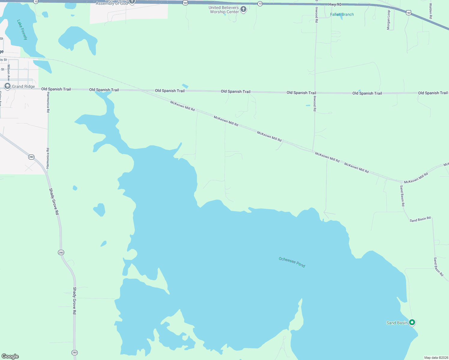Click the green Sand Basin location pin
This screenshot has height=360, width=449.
[412, 322]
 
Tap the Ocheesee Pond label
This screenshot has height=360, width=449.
[292, 262]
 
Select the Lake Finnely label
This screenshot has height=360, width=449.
[22, 30]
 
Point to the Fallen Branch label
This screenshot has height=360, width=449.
[342, 14]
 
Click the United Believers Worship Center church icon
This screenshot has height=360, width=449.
[243, 10]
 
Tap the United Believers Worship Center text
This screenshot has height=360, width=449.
[224, 10]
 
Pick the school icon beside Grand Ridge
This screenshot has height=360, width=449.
[8, 86]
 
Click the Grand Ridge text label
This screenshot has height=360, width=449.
[23, 86]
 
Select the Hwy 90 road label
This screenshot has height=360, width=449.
[335, 4]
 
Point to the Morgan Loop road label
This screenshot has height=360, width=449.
[388, 20]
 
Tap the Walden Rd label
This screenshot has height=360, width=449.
[430, 11]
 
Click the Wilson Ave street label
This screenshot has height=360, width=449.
[9, 73]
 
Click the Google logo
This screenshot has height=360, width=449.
[10, 356]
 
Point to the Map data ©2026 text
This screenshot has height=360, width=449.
[436, 358]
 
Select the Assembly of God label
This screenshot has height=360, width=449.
[112, 3]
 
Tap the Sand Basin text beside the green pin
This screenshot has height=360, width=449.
[397, 323]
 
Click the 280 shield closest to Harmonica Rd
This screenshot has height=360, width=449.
[31, 157]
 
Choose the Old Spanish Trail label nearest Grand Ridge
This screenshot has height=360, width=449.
[56, 89]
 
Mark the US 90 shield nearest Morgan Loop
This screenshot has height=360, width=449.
[408, 13]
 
